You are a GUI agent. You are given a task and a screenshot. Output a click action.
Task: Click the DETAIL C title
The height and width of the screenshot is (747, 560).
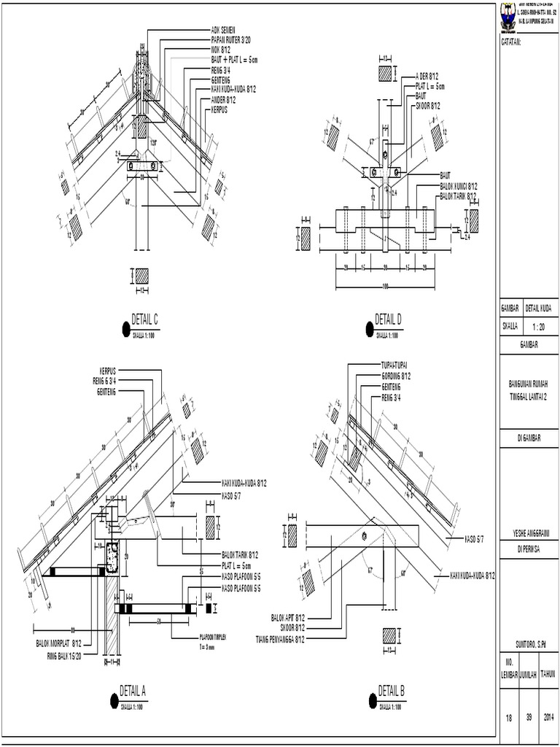(x=144, y=319)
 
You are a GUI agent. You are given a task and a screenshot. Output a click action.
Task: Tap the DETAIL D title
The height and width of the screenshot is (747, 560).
(x=388, y=319)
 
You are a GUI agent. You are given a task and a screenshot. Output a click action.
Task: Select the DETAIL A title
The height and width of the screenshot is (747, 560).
(x=133, y=690)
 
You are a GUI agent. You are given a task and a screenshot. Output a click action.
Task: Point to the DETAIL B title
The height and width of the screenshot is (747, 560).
(x=392, y=690)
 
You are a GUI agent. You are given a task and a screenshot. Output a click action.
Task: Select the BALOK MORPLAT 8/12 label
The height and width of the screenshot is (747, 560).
(x=59, y=643)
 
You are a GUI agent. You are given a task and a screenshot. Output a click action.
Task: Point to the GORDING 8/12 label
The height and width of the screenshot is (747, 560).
(x=397, y=376)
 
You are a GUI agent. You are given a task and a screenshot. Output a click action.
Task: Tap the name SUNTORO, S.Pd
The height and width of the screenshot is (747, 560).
(x=529, y=644)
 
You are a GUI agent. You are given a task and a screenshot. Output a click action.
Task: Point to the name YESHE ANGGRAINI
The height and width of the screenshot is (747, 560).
(x=529, y=532)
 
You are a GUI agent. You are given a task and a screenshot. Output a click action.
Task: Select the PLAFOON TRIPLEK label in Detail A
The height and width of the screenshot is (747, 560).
(x=209, y=636)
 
